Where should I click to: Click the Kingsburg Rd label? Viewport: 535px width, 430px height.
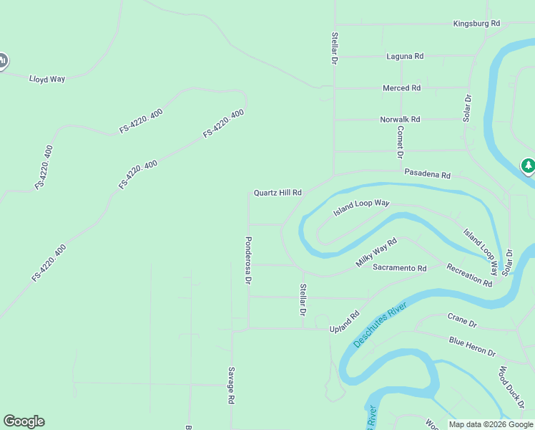476,24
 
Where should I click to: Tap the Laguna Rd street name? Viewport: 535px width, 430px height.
405,56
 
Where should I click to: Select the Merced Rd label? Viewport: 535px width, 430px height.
401,88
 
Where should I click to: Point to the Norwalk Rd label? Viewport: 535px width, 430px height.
400,120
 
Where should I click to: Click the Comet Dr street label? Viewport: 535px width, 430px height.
401,142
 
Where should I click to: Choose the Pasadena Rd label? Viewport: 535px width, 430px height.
427,174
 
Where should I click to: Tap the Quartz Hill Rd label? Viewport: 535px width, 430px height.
278,193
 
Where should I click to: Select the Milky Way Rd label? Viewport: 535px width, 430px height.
376,254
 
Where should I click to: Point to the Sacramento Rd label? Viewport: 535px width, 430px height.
399,268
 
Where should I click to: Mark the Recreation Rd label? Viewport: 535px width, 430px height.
469,275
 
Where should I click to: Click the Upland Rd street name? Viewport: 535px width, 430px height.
344,322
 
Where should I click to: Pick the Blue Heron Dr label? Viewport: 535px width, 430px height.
472,346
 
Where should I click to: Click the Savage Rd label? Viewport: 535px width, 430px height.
232,386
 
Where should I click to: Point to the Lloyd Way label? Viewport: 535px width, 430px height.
47,79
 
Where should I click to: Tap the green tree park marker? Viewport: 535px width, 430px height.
528,166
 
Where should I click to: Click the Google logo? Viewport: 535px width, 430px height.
24,421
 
